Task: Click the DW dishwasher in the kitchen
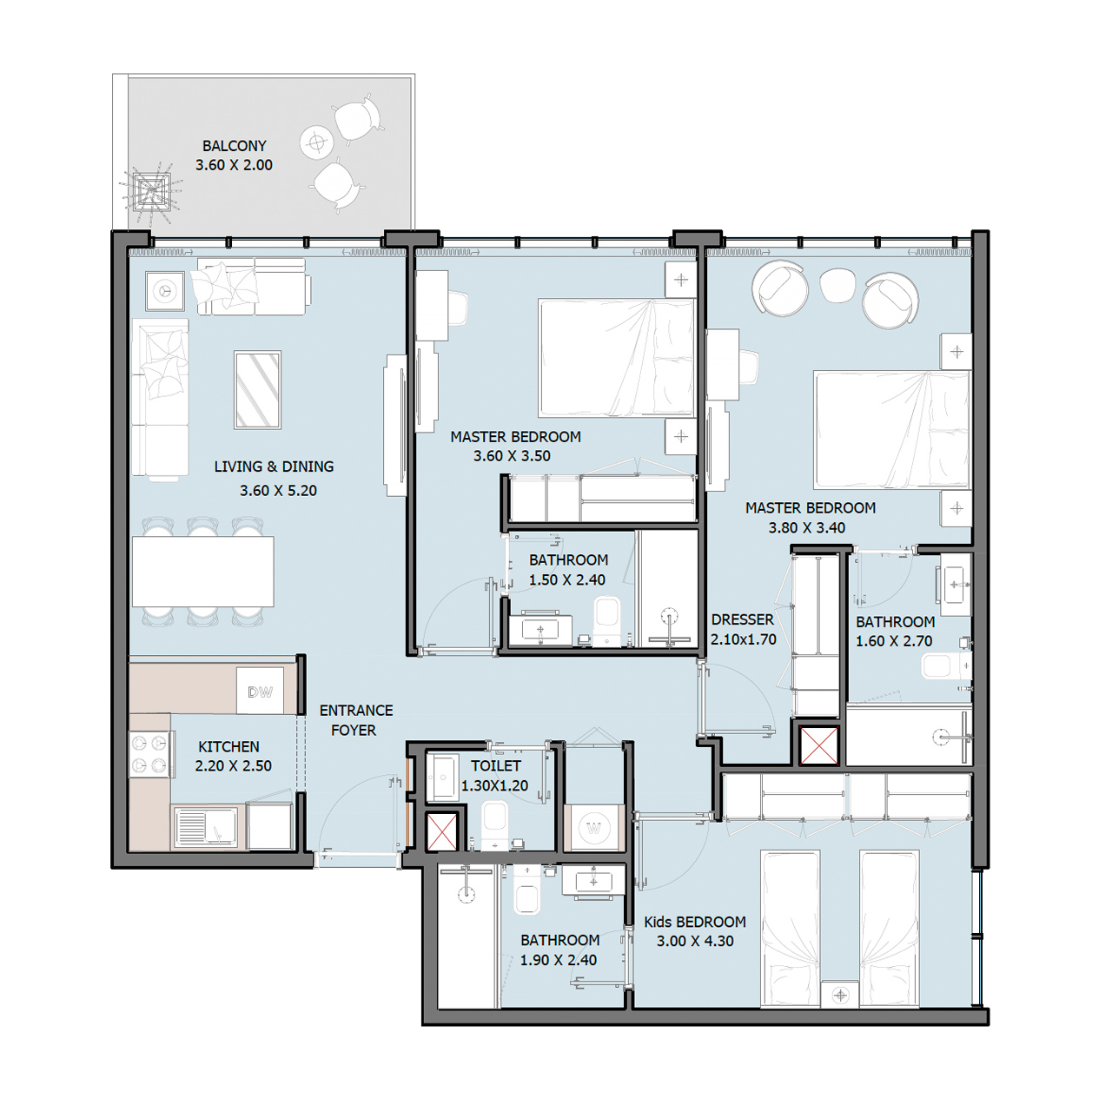[x=260, y=691]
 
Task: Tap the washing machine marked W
[x=593, y=828]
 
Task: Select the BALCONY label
[x=235, y=146]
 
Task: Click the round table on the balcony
[x=316, y=142]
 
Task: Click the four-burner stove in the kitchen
[x=149, y=754]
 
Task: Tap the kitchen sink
[x=205, y=826]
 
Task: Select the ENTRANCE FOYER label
[x=355, y=719]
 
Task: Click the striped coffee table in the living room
[x=257, y=389]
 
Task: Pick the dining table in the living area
[x=203, y=572]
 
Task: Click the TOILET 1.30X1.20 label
[x=495, y=776]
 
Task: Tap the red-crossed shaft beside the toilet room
[x=441, y=832]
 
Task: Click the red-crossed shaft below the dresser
[x=819, y=745]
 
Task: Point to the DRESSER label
[x=742, y=619]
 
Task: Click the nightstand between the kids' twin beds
[x=840, y=995]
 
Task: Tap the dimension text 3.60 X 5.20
[x=278, y=491]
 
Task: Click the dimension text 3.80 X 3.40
[x=807, y=527]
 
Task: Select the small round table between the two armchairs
[x=837, y=286]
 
